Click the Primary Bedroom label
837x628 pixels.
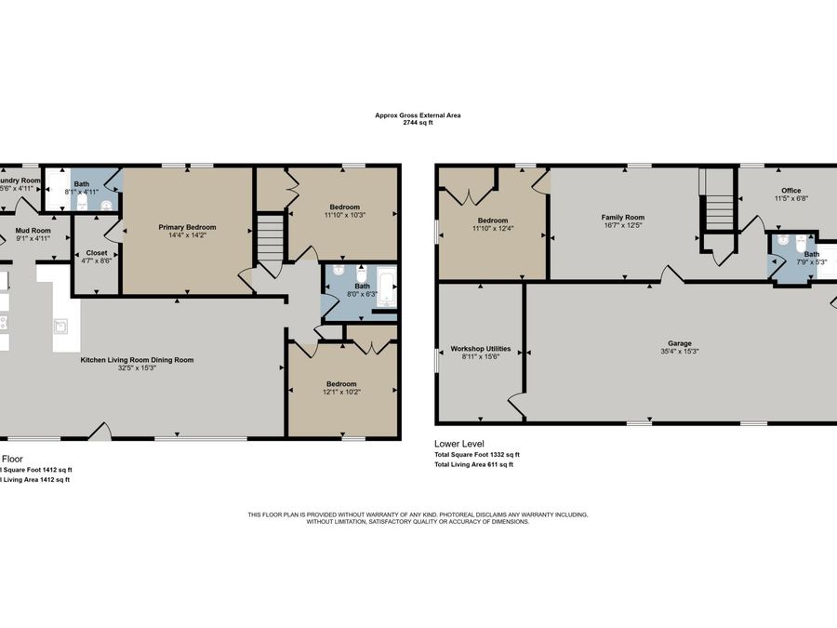point(187,227)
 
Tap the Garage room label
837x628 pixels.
point(680,343)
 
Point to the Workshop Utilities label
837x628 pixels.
point(481,349)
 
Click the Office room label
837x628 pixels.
point(790,191)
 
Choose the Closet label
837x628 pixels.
point(97,253)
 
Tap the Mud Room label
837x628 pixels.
point(34,230)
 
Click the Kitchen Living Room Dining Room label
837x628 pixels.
point(137,359)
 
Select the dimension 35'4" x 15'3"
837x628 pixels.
point(680,352)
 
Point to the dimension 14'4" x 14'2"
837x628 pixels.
point(187,235)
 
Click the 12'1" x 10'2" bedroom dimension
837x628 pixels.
point(341,392)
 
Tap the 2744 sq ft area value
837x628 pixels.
point(418,123)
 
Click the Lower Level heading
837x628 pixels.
point(459,444)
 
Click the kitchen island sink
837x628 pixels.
point(60,326)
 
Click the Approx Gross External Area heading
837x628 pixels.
point(418,115)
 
